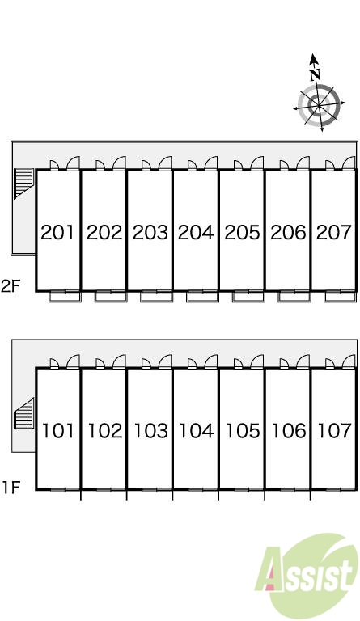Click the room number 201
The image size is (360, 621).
pos(57,233)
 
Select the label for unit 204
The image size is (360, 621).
pos(196,233)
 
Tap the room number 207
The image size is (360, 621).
pos(334,233)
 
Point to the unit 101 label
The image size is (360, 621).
pos(58,430)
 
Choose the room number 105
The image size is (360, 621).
pos(243,430)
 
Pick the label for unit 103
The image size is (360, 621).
pos(150,430)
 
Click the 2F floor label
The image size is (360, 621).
pos(11,286)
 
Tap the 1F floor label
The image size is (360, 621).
pos(11,487)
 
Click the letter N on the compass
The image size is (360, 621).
pos(316,74)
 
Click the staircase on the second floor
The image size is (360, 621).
pos(23,183)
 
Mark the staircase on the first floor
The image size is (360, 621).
pos(23,413)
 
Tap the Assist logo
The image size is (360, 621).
pos(306,574)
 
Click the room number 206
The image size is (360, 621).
pos(288,233)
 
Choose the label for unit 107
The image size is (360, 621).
pos(335,430)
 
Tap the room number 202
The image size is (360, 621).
pos(104,233)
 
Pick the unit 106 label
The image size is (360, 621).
pos(289,430)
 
